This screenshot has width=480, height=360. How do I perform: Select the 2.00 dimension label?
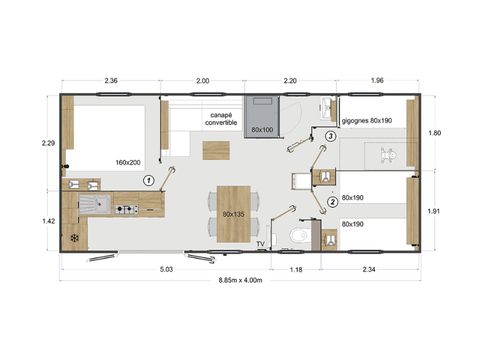pos(202,80)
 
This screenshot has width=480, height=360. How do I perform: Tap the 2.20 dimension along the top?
pos(291,80)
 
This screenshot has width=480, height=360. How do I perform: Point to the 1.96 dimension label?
pos(377,80)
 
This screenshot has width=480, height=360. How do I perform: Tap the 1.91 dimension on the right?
pos(449,211)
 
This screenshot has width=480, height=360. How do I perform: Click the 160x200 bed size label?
pos(128,162)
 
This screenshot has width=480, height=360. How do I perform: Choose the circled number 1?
pos(148,180)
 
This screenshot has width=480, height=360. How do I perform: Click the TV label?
pos(260,243)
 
